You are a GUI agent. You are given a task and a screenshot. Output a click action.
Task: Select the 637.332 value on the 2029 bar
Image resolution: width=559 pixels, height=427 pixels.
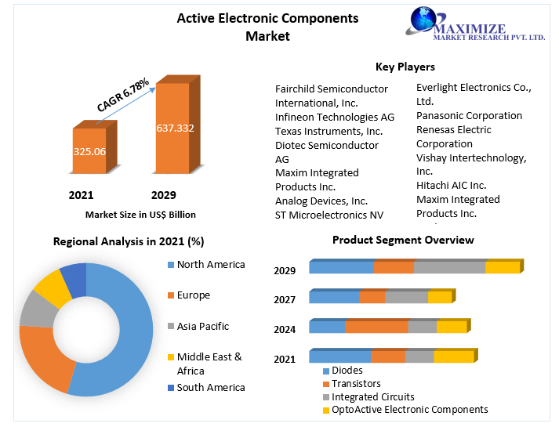coord(175,128)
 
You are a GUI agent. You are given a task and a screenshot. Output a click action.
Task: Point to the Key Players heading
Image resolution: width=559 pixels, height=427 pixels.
coord(405,67)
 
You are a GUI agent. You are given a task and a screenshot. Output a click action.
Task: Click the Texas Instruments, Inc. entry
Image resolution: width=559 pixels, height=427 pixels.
coord(329,131)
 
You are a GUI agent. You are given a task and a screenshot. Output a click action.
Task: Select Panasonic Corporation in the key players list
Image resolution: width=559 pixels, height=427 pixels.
coord(469,115)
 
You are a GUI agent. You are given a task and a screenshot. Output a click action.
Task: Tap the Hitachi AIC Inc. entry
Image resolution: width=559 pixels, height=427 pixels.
coord(451,185)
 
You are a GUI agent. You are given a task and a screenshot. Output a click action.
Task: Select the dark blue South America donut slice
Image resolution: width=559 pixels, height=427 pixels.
coord(73,278)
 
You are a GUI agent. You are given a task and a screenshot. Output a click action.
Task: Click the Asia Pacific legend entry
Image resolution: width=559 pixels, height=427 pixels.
coord(202,326)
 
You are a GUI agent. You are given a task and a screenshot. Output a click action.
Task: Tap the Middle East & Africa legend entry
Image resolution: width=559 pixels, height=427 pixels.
coord(209,364)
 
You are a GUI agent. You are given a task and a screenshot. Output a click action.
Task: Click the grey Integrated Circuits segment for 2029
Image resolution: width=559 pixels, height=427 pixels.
coord(449,267)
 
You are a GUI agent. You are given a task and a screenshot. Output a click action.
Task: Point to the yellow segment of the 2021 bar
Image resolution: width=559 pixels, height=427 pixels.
coord(454,356)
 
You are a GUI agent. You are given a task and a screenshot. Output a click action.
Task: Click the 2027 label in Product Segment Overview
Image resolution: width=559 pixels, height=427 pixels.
coord(285,300)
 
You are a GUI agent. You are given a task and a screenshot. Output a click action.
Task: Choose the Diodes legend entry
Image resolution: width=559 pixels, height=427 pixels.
coord(347,370)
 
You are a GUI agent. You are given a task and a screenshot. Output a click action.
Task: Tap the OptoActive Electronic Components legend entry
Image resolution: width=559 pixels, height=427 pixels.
coord(409,409)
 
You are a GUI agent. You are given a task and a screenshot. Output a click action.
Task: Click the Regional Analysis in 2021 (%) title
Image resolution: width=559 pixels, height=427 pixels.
coord(129,241)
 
